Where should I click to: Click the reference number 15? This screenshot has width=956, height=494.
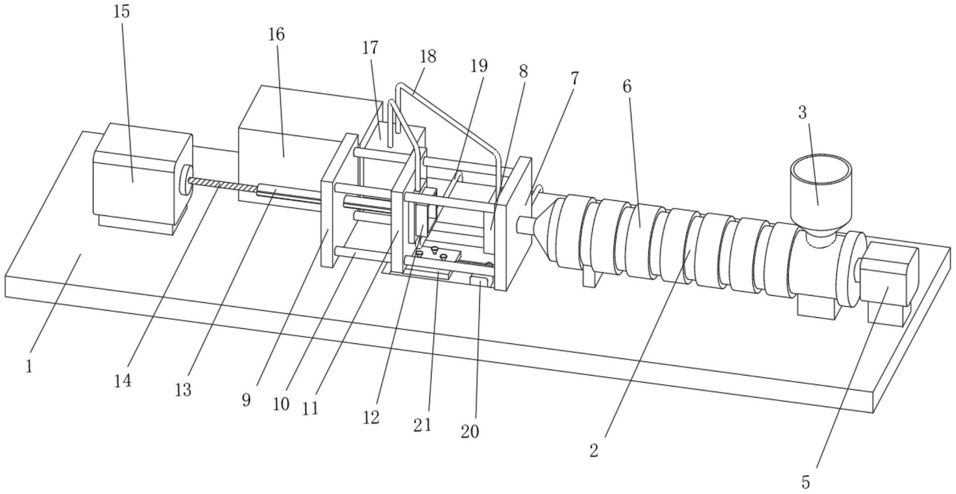tap(122, 11)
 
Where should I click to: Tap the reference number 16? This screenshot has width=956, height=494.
tap(276, 35)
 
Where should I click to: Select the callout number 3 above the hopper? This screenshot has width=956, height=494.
tap(802, 112)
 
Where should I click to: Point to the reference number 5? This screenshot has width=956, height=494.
tap(806, 482)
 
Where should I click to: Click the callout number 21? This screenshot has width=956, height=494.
tap(422, 425)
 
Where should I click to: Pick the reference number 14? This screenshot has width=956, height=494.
tap(123, 381)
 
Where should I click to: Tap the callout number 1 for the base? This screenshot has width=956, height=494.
tap(29, 366)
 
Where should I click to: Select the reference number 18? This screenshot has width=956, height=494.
tap(428, 56)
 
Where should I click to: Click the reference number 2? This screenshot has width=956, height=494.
tap(594, 450)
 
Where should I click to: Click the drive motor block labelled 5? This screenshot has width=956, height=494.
tap(889, 284)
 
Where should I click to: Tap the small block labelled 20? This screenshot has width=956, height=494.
tap(479, 282)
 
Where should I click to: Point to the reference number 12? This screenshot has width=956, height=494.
tap(371, 417)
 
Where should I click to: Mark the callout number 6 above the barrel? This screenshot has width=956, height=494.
tap(626, 86)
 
